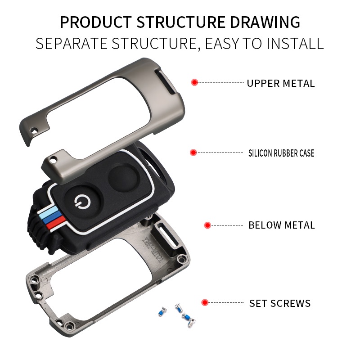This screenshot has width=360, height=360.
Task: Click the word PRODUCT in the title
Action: (95, 22)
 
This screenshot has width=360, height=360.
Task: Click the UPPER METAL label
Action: (280, 83)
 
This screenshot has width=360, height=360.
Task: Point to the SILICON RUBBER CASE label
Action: (281, 153)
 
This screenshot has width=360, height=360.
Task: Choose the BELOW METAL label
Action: (281, 225)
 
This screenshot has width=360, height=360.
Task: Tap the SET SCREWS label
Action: (279, 303)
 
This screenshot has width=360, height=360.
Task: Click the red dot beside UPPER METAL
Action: (194, 82)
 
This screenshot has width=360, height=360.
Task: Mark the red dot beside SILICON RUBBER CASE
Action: (193, 153)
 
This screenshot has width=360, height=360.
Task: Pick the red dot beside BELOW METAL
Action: (207, 225)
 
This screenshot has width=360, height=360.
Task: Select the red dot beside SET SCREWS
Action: (205, 303)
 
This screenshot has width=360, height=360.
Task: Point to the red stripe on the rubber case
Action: (53, 223)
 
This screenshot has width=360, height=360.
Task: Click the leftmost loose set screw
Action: (161, 311)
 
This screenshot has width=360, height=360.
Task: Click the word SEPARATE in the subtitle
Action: (72, 44)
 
